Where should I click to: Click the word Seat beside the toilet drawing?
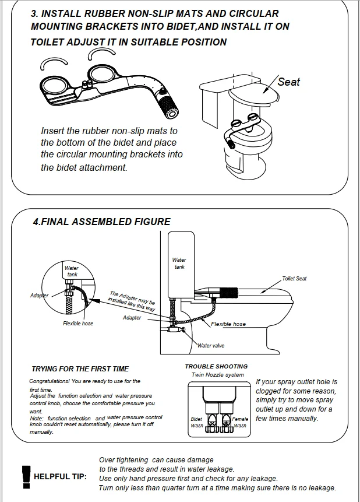point(288,82)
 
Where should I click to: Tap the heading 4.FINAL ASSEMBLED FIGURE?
point(101,222)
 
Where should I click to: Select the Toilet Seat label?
point(294,279)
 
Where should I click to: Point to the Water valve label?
point(211,346)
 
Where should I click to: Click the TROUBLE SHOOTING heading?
point(216,366)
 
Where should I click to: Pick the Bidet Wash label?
point(196,422)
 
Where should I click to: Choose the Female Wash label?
point(240,422)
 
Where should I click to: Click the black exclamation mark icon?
point(25,475)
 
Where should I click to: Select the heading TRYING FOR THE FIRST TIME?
point(80,368)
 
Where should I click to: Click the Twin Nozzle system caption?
point(218,375)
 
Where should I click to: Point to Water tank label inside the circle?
point(72,271)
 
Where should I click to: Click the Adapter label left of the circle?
point(40,296)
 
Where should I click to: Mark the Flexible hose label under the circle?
point(78,324)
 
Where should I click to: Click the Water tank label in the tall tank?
point(179,264)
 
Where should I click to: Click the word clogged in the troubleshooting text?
point(270,391)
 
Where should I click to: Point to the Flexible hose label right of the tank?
point(228,324)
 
